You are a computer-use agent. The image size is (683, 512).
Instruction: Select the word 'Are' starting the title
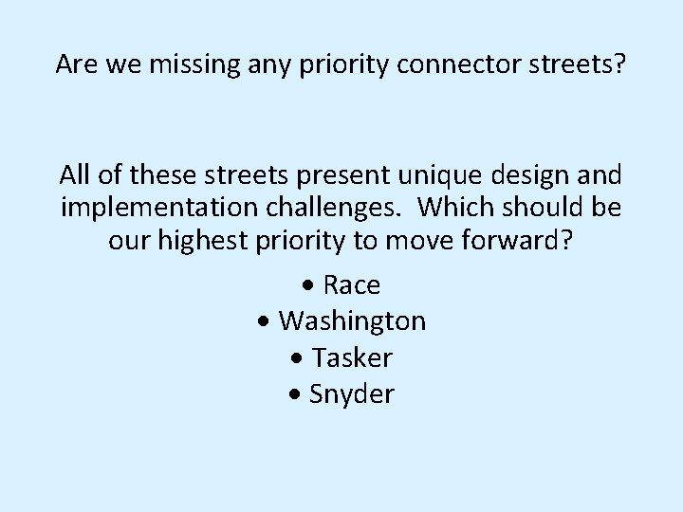pos(74,64)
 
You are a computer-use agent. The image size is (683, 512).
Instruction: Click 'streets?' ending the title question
pos(579,64)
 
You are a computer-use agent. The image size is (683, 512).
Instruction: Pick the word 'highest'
pos(200,240)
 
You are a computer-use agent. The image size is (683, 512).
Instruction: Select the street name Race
pos(352,285)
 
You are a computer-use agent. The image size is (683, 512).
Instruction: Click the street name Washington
pos(352,321)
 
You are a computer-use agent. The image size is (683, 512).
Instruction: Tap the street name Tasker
pos(352,357)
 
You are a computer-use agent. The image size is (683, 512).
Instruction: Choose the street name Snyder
pos(352,393)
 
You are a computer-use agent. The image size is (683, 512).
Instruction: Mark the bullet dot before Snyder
pos(298,394)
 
